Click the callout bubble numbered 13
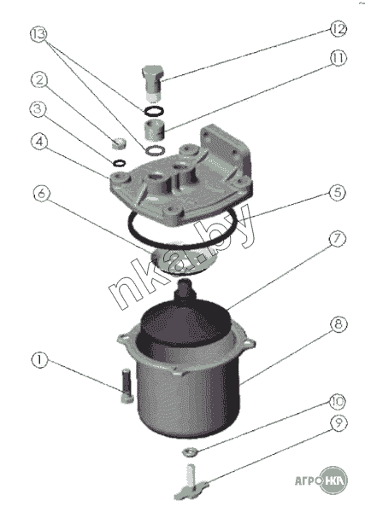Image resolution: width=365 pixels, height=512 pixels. click(39, 34)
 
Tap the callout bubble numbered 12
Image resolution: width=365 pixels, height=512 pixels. click(338, 29)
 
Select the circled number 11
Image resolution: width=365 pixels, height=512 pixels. click(338, 58)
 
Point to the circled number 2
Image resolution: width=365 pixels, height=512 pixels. click(39, 79)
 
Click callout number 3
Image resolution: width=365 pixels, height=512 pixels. click(38, 109)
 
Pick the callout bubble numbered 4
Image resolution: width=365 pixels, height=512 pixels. click(39, 142)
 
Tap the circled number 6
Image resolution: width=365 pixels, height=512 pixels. click(42, 194)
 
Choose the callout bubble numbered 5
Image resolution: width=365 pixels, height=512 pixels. click(337, 193)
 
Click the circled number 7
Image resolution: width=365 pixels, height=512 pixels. click(337, 239)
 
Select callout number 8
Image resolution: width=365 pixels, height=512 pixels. click(338, 324)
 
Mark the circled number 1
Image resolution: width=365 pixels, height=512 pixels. click(39, 360)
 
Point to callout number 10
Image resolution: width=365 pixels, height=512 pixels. click(337, 401)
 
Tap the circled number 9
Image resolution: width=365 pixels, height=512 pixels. click(339, 423)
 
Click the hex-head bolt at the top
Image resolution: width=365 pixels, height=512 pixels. click(152, 84)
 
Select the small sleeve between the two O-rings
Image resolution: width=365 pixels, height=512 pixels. click(153, 131)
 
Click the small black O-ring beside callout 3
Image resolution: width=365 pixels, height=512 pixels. click(119, 162)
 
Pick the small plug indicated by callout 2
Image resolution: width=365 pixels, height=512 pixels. click(119, 143)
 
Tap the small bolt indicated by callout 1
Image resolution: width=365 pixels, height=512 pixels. click(127, 386)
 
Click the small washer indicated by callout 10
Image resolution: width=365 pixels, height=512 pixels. click(190, 452)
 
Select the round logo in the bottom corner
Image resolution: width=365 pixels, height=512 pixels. click(333, 480)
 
